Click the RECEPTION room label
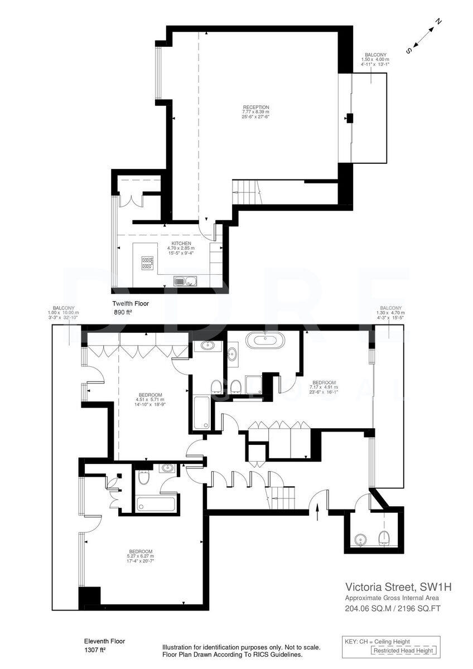[x=255, y=107]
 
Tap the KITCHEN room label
[x=182, y=244]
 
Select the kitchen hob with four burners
[x=148, y=262]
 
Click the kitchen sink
[x=185, y=280]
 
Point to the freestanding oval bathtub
[x=264, y=340]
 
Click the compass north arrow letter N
[x=438, y=22]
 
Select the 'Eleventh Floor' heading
[x=105, y=641]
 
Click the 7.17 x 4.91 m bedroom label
[x=325, y=382]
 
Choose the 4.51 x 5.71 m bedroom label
[x=148, y=395]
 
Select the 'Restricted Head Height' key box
[x=404, y=651]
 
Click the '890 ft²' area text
[x=122, y=313]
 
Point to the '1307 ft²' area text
[x=95, y=650]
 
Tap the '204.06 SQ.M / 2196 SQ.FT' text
[x=393, y=609]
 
